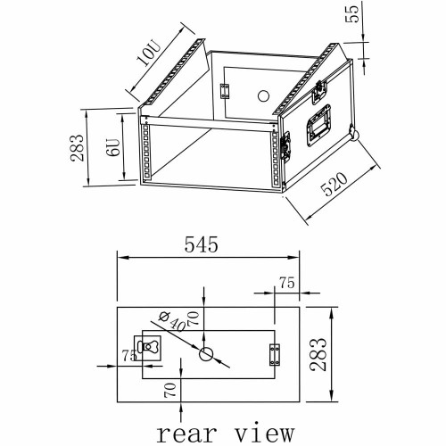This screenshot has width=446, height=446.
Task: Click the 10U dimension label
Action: pyautogui.click(x=149, y=54)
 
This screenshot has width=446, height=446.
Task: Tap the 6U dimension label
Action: pyautogui.click(x=113, y=147)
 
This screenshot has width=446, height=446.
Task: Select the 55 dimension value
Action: pyautogui.click(x=352, y=14)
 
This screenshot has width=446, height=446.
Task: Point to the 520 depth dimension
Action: pyautogui.click(x=334, y=185)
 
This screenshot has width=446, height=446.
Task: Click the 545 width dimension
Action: pyautogui.click(x=202, y=244)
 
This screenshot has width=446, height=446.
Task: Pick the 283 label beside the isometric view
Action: pyautogui.click(x=77, y=148)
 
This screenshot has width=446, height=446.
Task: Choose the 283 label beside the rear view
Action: pyautogui.click(x=318, y=354)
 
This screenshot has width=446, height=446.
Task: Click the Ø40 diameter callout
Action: pyautogui.click(x=172, y=321)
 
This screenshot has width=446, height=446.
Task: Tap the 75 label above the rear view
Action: pyautogui.click(x=287, y=283)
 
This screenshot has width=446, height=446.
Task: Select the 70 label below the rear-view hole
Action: pyautogui.click(x=170, y=390)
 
